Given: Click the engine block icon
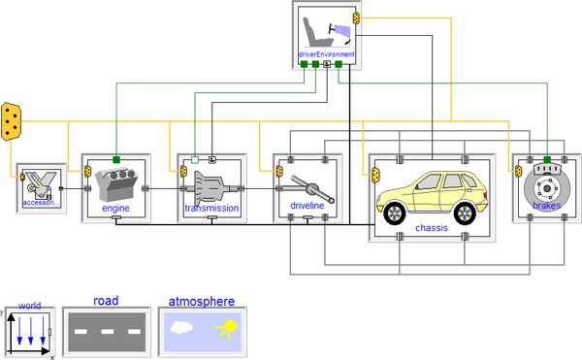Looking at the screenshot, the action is coord(116,184).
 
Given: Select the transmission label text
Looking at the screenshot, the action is coord(211,208).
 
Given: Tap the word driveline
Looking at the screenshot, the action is coord(307,206).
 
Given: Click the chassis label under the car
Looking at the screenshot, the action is coord(432,227).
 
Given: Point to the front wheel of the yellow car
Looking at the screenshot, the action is coord(394,213).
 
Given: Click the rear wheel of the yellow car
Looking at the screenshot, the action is coord(465,213).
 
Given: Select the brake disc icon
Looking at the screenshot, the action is coord(547,187).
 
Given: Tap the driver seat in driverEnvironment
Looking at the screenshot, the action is coord(315,32).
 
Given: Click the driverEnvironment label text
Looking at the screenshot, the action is coord(326,54).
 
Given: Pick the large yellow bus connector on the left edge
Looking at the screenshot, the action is coord(11,121).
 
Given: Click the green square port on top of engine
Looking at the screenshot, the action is coord(116,160).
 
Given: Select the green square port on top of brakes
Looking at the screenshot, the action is coord(547,160).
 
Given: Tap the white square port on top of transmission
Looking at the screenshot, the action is coord(195,160).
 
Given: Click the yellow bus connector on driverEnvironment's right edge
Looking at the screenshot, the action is coord(356,17).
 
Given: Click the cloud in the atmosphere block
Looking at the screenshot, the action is coord(181,327).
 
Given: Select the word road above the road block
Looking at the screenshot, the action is coord(106,300).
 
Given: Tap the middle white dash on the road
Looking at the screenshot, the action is coord(108,331).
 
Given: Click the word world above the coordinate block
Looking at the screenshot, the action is coord(30,306).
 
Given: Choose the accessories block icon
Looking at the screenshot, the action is coord(41,188).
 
